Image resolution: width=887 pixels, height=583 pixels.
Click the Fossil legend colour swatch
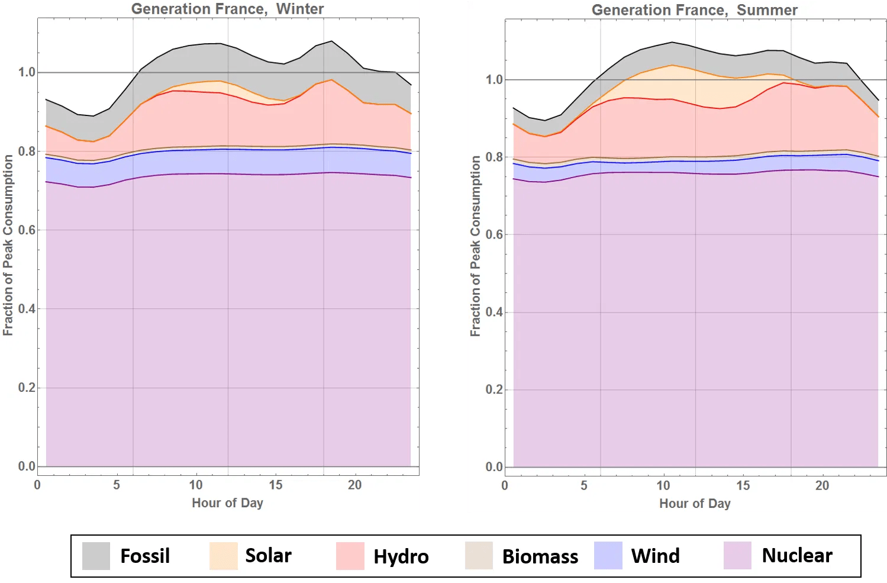[96, 556]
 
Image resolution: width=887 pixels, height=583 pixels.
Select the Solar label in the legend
[268, 556]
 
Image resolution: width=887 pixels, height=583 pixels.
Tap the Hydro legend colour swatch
[350, 556]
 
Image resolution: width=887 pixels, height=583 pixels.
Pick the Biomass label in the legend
[540, 557]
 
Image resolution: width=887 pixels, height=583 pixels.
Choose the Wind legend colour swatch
[608, 556]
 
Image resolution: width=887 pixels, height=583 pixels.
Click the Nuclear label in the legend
[796, 556]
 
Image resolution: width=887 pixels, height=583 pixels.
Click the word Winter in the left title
[300, 9]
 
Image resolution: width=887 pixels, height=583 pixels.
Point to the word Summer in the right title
[767, 10]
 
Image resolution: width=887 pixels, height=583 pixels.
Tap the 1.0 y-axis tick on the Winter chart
[27, 72]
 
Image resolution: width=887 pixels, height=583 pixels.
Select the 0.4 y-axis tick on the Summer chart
[494, 312]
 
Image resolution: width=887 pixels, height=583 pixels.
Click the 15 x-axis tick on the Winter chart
[276, 485]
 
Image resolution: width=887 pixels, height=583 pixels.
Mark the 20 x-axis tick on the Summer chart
[822, 485]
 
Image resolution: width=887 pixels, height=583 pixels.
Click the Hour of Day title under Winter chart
[227, 503]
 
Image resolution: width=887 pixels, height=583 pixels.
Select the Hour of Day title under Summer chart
[695, 503]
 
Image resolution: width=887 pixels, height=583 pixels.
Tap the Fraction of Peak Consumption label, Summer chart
[475, 246]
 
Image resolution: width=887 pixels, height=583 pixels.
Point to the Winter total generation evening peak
[331, 41]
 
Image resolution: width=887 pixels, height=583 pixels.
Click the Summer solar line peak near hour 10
[672, 65]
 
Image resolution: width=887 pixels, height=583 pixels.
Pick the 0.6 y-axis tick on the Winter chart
[27, 230]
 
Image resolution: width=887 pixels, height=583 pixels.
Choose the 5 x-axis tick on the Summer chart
[583, 485]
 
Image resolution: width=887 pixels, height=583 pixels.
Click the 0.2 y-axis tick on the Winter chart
[27, 388]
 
